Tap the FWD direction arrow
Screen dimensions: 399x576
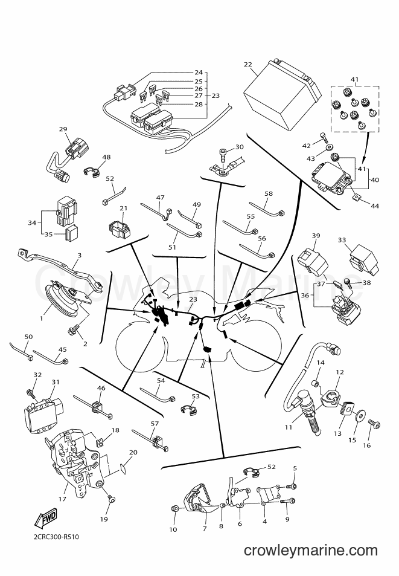pos(45,519)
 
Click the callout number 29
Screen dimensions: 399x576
pos(63,129)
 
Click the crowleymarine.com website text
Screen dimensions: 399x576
pos(311,550)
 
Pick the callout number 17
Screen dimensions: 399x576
pos(62,499)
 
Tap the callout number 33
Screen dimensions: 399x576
pos(342,240)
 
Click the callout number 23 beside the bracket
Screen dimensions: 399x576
pos(215,95)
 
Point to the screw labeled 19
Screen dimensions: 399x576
pos(112,499)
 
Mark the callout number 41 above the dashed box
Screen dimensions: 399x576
pos(354,79)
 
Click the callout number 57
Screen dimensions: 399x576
pos(155,424)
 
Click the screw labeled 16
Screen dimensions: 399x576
pos(374,425)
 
